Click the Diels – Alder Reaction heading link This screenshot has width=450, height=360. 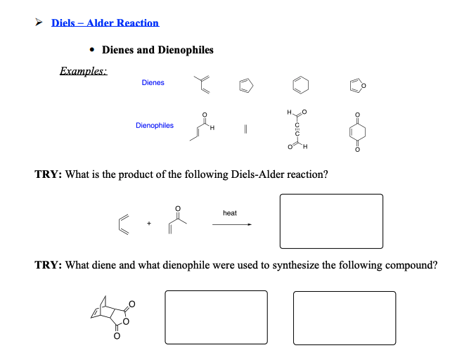tap(105, 23)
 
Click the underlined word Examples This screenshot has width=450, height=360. tap(83, 71)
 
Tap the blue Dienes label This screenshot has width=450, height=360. tap(153, 83)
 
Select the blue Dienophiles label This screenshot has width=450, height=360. tap(155, 126)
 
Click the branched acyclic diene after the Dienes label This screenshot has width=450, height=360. tap(202, 84)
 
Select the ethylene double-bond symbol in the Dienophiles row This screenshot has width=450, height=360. tap(246, 130)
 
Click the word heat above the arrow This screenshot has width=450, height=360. tap(229, 212)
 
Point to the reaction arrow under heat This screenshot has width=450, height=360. tap(231, 224)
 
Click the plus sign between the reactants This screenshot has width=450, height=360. tap(149, 224)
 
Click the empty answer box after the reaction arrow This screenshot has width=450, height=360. tap(331, 221)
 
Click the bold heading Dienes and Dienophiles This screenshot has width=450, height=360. tap(157, 50)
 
